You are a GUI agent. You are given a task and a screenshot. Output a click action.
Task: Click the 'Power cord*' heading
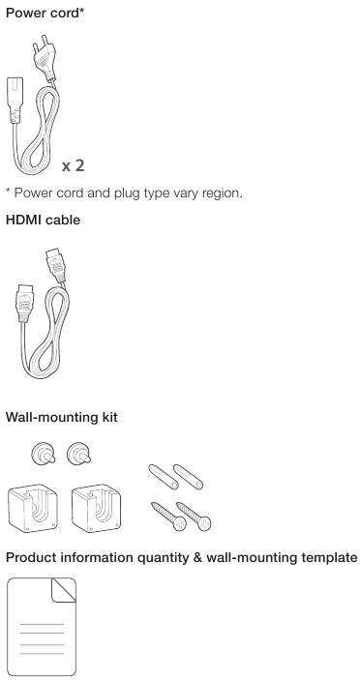(45, 13)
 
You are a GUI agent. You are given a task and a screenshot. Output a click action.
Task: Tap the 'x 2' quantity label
(73, 165)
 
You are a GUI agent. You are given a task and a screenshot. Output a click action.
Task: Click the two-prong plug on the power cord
(45, 59)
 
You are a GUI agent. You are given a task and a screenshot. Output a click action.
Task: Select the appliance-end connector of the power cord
(15, 99)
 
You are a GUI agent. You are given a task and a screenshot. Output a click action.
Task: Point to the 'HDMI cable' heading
(43, 220)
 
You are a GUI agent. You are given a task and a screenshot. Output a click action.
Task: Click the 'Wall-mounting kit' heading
(62, 418)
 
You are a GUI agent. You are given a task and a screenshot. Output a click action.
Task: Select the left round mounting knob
(43, 454)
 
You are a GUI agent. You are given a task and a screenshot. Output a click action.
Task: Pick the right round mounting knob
(78, 454)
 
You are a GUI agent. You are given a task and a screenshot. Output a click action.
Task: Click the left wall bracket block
(33, 508)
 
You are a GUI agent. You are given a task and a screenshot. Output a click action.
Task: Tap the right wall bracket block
(96, 508)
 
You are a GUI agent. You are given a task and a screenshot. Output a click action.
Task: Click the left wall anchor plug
(164, 477)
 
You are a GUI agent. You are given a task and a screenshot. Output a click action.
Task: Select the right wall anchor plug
(189, 477)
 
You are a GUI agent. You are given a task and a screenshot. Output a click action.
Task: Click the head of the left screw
(180, 524)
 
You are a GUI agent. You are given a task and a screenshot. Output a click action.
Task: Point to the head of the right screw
(204, 524)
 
